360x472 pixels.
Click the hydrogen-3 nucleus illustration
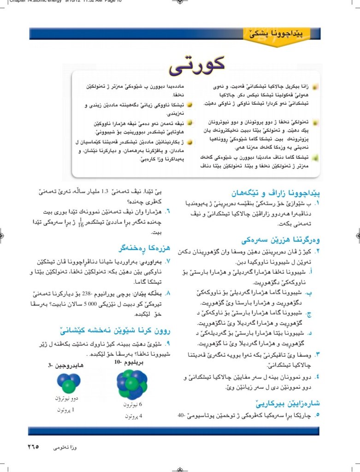click(x=69, y=382)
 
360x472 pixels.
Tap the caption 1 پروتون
click(x=67, y=409)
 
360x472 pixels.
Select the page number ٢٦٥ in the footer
click(x=33, y=447)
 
